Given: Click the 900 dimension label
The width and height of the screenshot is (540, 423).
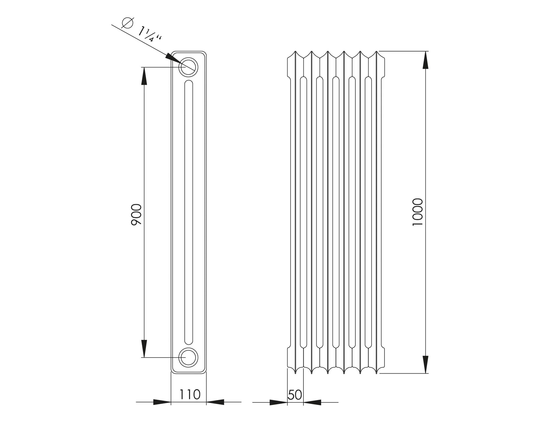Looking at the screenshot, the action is [136, 214].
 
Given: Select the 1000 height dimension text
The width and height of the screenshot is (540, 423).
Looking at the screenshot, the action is [417, 212].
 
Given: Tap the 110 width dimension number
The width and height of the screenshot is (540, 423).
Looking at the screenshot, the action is [190, 395].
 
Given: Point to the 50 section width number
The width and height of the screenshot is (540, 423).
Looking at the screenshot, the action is [295, 395].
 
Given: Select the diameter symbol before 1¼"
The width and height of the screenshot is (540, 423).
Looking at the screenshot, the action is [127, 23].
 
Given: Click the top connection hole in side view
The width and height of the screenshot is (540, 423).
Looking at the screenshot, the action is [188, 67].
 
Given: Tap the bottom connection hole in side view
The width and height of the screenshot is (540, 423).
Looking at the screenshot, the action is [188, 358].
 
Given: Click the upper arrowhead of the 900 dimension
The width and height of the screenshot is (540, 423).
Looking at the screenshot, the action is [144, 76].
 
